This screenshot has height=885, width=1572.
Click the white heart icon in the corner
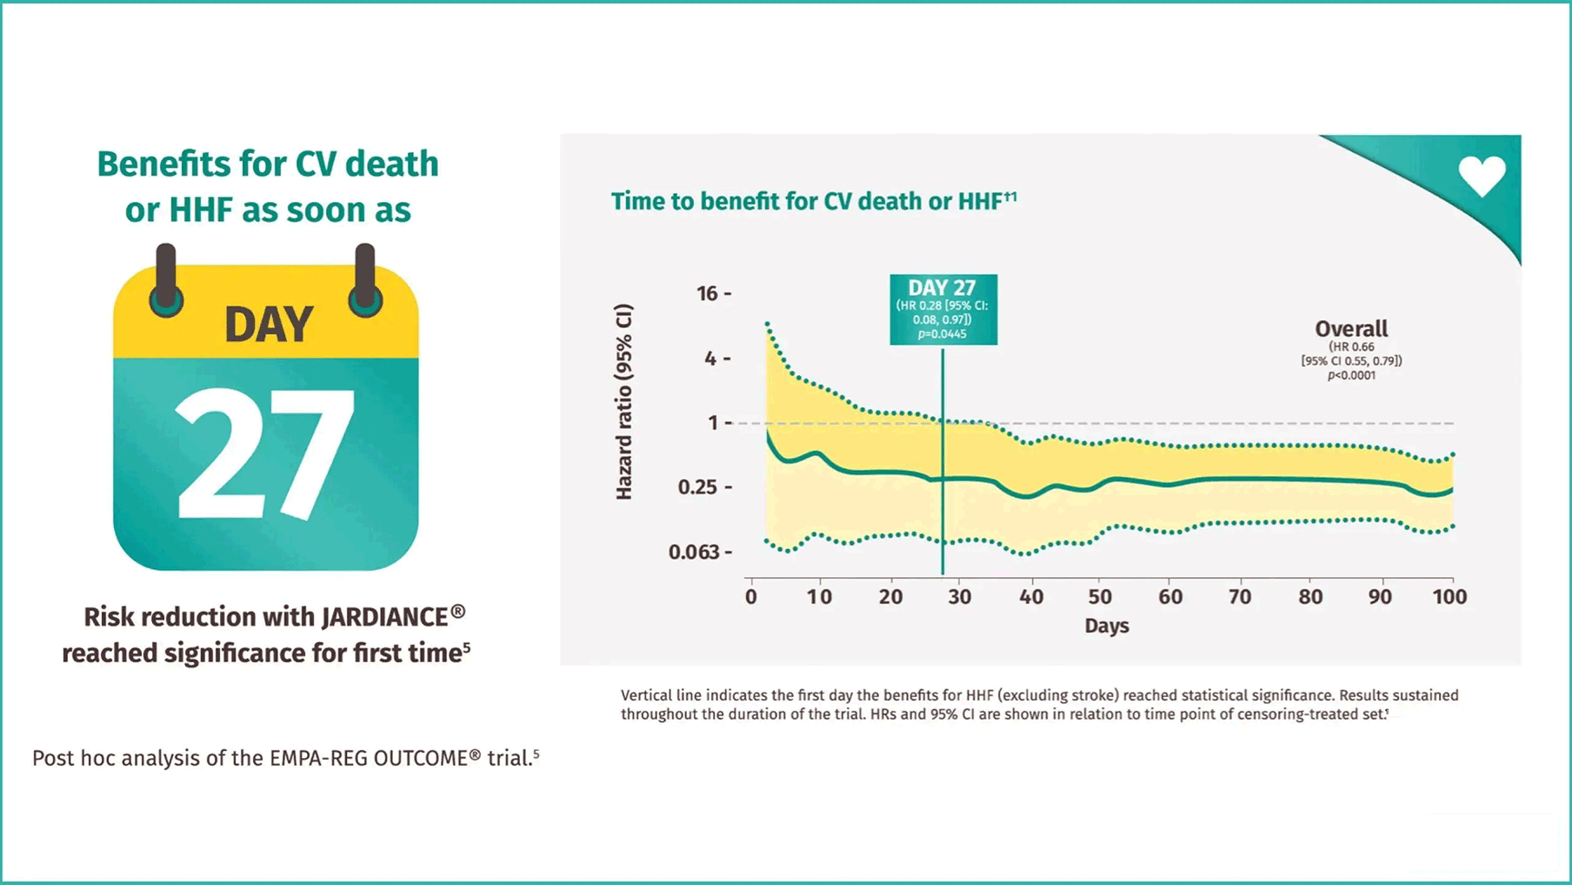tap(1482, 175)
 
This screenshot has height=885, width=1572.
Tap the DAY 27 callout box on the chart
tap(943, 309)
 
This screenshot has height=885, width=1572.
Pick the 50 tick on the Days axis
tap(1100, 597)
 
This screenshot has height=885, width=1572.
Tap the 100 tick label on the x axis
tap(1449, 597)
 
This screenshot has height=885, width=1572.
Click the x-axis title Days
tap(1106, 626)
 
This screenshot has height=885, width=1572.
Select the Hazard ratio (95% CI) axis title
tap(623, 402)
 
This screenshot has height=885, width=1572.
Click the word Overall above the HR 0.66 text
tap(1351, 329)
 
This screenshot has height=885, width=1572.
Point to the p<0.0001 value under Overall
tap(1351, 376)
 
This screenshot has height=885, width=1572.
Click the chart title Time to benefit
tap(813, 201)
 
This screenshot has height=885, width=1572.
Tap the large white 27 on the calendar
tap(266, 454)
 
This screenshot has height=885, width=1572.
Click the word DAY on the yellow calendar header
tap(269, 325)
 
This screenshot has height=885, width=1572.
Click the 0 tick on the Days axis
tap(751, 597)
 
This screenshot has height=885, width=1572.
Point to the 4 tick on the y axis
tap(710, 359)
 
